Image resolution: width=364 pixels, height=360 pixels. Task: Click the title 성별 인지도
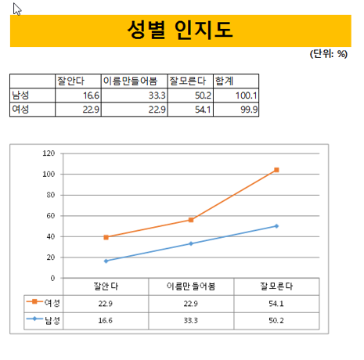180,30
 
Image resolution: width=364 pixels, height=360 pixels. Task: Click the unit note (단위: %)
329,54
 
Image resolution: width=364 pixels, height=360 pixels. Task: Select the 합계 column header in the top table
224,81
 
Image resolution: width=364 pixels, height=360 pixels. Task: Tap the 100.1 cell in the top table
247,95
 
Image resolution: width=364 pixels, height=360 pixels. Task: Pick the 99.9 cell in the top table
249,110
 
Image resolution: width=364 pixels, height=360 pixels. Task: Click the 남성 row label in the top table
20,95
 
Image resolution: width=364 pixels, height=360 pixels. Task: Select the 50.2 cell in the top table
203,95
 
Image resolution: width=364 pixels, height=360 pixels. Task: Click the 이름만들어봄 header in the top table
130,81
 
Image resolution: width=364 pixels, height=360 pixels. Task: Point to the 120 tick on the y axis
49,153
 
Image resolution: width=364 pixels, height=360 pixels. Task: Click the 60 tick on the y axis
51,216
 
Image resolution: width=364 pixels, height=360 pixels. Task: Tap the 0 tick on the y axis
52,279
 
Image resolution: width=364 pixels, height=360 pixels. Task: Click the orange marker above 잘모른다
276,170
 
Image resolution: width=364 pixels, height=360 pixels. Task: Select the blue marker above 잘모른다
276,226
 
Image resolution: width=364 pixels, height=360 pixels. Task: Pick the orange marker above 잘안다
106,237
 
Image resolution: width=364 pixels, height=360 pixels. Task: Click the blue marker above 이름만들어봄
191,243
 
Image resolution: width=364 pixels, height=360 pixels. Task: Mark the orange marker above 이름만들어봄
191,220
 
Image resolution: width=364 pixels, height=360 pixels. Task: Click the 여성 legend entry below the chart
43,303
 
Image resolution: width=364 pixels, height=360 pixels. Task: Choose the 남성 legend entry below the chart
43,320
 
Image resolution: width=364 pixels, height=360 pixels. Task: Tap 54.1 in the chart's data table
276,304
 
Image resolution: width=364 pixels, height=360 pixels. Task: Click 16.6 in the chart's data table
106,320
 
